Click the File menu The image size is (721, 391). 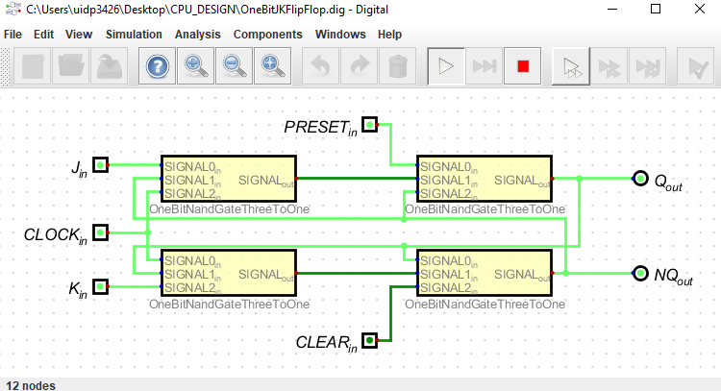(12, 34)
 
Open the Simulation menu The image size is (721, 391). (134, 34)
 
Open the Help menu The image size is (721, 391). (389, 34)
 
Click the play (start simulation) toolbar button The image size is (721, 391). (445, 66)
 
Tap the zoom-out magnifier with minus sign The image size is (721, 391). (234, 66)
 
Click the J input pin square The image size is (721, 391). (100, 165)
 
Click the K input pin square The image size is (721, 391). (100, 286)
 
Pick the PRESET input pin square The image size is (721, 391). (370, 125)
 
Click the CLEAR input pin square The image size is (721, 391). (370, 339)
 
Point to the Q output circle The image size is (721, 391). (639, 179)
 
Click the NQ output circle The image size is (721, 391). (639, 273)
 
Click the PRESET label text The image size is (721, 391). (318, 126)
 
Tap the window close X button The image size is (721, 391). (698, 10)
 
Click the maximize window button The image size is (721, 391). (655, 10)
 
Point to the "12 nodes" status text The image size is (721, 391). (30, 384)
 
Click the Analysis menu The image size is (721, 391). (198, 34)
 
